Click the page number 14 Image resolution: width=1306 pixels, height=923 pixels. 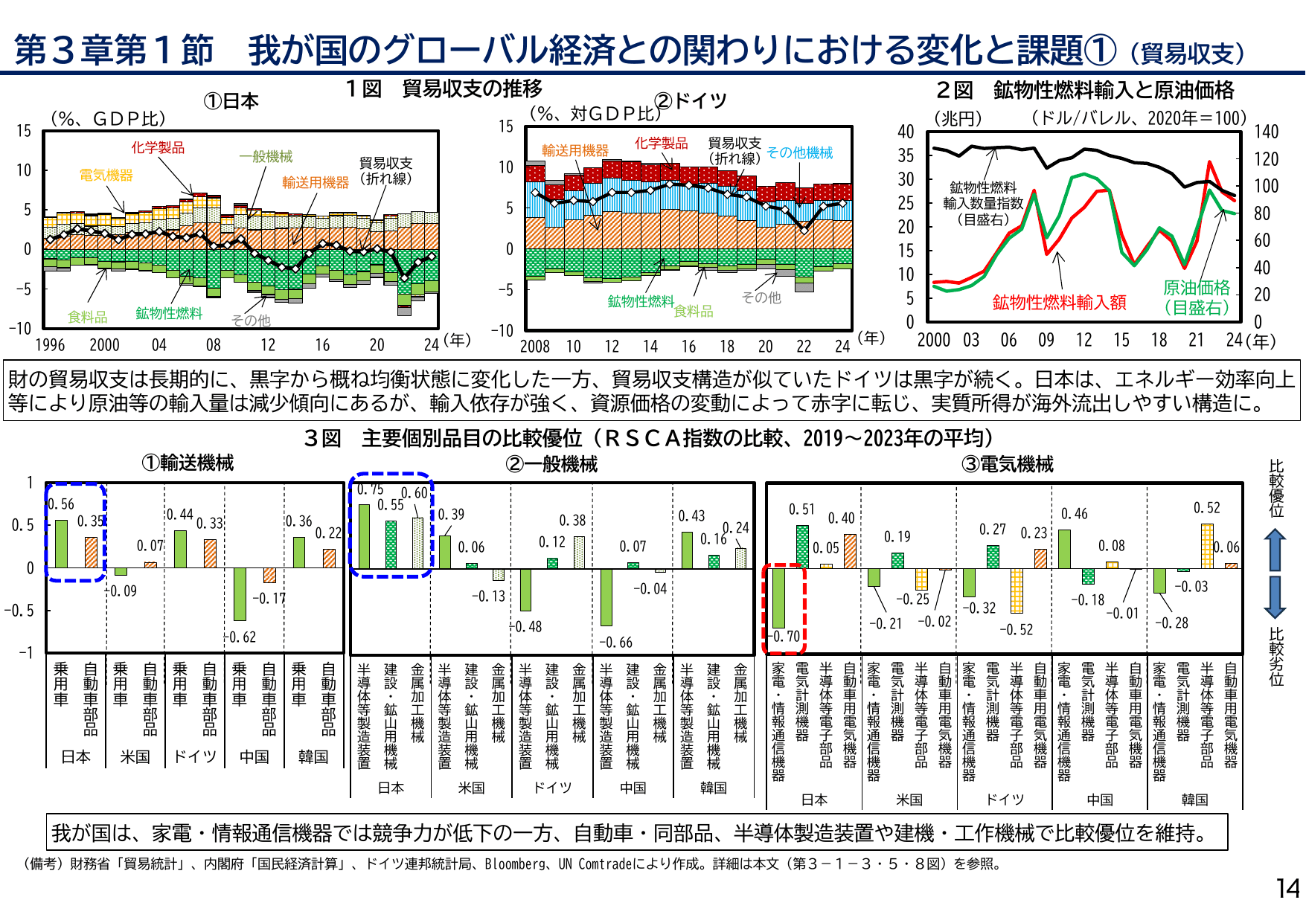1287,889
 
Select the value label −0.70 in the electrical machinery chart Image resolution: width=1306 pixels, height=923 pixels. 785,637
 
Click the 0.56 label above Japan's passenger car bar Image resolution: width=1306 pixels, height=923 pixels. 62,504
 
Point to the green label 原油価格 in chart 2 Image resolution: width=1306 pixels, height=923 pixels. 1197,288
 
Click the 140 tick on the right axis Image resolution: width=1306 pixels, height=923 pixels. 1267,132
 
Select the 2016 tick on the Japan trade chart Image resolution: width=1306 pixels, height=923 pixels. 322,345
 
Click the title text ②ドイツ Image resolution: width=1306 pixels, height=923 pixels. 690,100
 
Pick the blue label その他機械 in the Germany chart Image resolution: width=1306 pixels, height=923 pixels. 799,152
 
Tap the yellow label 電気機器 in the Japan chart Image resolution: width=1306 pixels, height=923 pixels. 106,175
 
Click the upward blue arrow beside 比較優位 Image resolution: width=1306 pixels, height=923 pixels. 1275,550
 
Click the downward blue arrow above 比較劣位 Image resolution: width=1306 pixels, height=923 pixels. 1275,597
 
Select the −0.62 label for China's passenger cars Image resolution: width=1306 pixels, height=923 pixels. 240,637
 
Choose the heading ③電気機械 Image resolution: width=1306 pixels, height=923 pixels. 1008,465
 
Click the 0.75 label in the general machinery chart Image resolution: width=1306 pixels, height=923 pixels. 370,489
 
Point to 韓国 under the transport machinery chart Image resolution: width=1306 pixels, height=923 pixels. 313,756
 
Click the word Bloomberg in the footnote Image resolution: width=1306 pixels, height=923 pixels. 515,864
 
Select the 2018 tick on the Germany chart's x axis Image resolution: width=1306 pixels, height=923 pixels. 726,347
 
